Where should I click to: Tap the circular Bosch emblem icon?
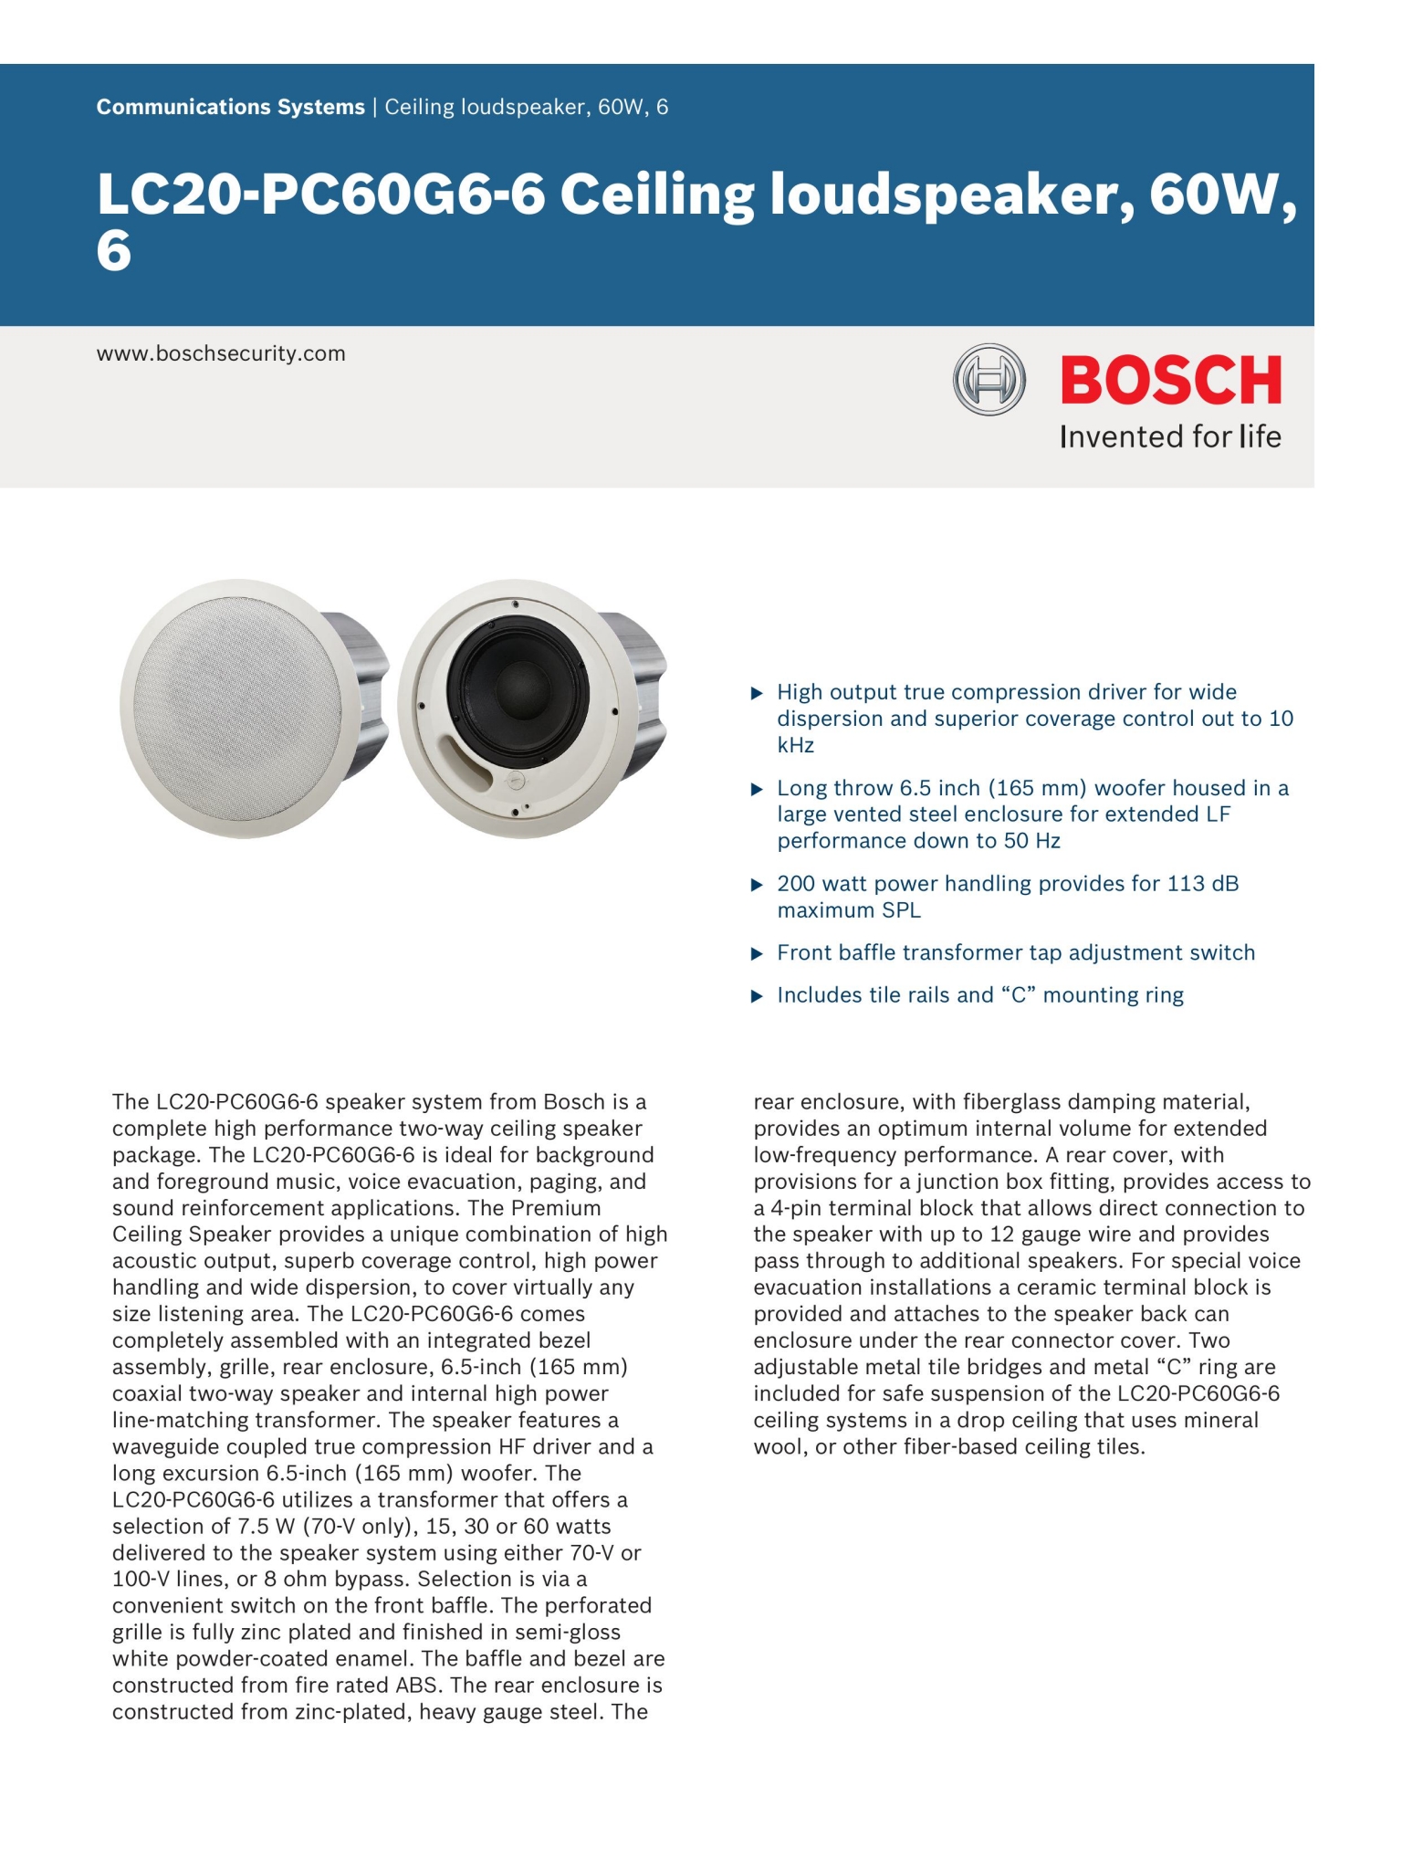pos(989,380)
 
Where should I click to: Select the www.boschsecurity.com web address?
pos(221,354)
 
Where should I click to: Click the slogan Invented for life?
pos(1170,437)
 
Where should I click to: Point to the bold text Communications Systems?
pos(230,108)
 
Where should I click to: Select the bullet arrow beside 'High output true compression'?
pos(756,694)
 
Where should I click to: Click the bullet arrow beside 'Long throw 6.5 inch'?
pos(756,789)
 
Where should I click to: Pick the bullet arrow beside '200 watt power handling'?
pos(756,885)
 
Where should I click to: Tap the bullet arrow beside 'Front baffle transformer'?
pos(756,954)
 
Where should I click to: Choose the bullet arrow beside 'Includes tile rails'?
pos(756,996)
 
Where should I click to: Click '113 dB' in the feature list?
pos(1202,884)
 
